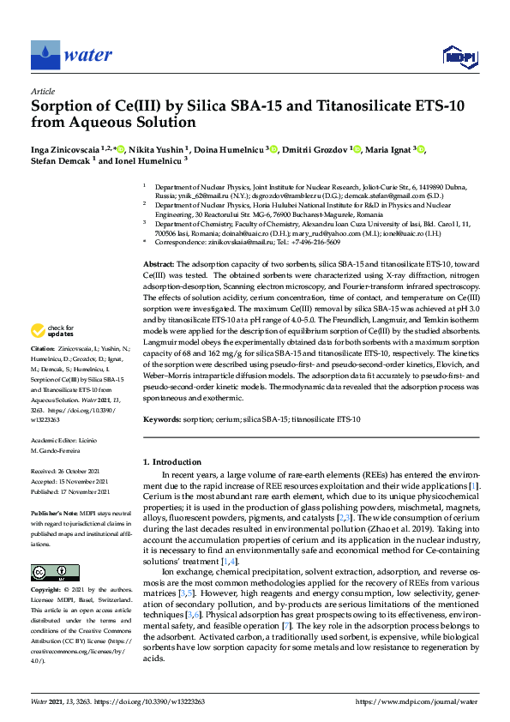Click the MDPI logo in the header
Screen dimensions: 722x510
[x=461, y=57]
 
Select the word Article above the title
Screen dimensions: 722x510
[x=42, y=91]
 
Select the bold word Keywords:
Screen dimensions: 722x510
[x=163, y=419]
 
